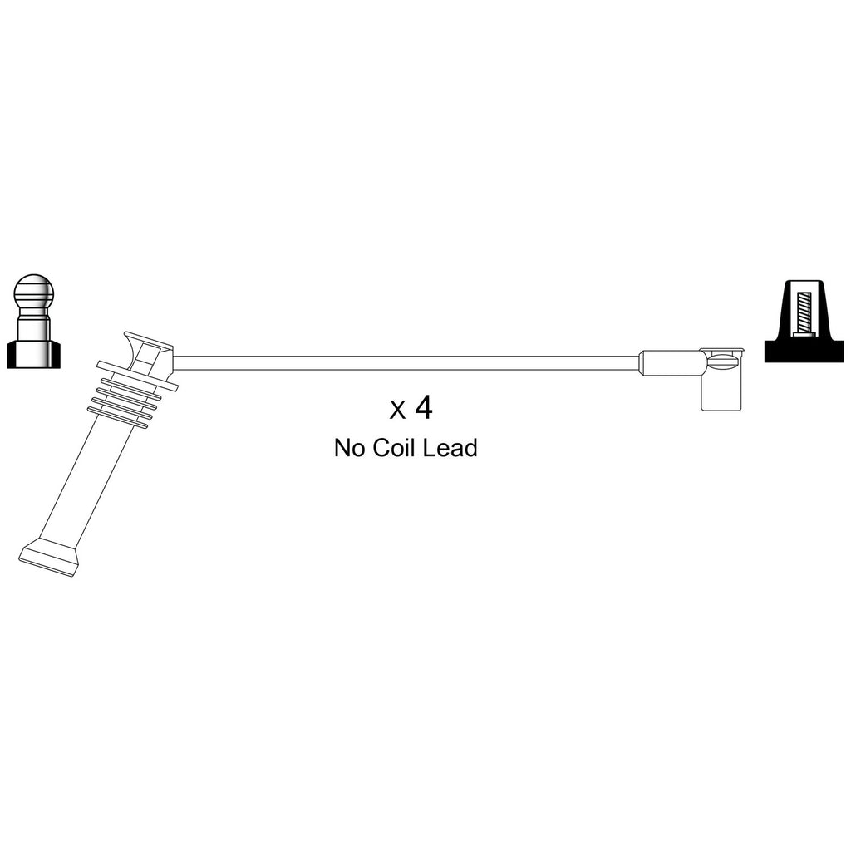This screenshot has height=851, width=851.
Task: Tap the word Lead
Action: click(x=450, y=448)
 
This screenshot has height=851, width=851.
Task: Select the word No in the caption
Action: click(x=350, y=448)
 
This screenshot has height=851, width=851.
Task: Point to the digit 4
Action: click(x=424, y=407)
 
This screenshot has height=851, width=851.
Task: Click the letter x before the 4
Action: click(x=397, y=411)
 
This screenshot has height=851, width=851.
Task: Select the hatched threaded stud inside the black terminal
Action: click(x=804, y=313)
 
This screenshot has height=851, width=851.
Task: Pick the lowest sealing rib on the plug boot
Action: click(x=120, y=420)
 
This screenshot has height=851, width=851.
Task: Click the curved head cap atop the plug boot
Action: click(x=148, y=352)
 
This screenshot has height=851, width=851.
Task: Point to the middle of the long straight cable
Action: click(x=406, y=363)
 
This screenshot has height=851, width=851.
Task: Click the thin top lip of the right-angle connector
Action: click(x=722, y=351)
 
